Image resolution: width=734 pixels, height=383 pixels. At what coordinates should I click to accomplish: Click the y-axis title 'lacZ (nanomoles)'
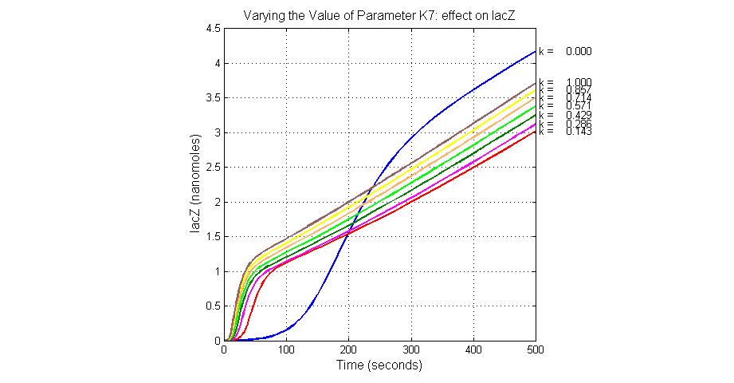[196, 184]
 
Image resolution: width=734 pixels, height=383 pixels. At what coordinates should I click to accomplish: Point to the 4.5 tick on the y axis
[213, 29]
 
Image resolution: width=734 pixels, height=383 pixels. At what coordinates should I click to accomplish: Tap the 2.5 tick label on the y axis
[213, 168]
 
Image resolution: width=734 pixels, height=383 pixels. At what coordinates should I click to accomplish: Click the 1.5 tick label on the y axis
[213, 237]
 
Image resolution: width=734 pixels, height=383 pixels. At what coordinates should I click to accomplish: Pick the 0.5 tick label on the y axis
[213, 306]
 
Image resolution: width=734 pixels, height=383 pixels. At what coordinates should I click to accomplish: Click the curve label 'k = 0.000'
[565, 52]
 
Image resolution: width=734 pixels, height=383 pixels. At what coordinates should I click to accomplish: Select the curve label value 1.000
[579, 82]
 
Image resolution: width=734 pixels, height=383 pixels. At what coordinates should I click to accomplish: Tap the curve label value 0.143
[579, 132]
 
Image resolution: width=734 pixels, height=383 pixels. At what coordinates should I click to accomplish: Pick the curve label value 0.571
[579, 107]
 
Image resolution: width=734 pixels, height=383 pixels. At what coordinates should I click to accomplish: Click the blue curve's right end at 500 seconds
[536, 51]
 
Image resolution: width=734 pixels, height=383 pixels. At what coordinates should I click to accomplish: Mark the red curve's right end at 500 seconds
[536, 132]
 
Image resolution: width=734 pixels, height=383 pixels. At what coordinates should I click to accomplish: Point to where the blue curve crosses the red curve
[347, 233]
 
